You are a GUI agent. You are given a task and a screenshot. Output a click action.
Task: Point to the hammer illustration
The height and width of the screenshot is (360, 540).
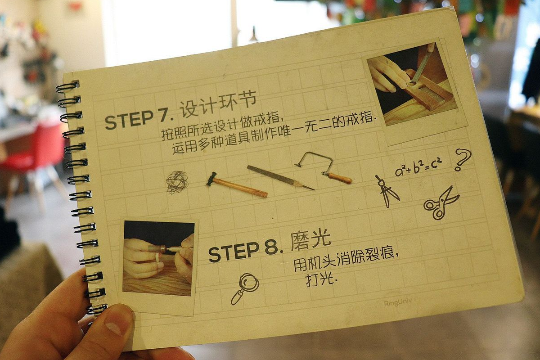pos(237,185)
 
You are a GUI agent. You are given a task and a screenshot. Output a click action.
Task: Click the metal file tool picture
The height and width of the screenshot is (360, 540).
pos(280,177)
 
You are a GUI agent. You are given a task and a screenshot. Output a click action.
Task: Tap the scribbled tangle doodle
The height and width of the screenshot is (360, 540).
pos(177,182)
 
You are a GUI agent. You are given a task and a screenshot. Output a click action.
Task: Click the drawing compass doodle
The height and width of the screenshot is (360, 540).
pos(385,191)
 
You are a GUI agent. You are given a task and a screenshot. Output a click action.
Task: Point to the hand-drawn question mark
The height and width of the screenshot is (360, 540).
pos(462,160)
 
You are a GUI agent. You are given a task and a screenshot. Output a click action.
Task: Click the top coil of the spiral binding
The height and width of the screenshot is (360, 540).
pos(67,86)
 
